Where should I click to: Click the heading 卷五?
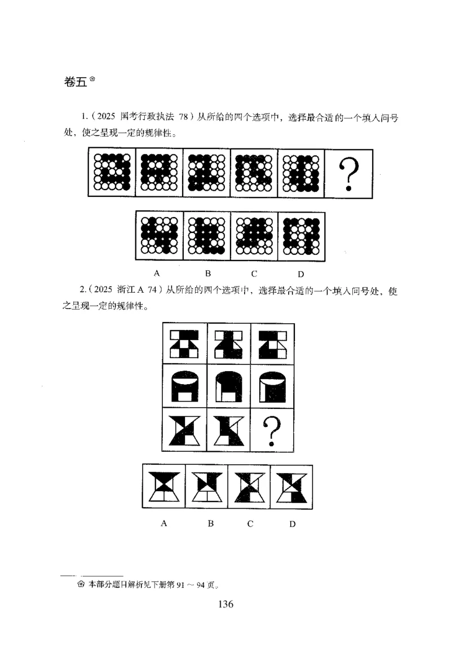[x=76, y=82]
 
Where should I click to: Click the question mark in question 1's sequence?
[x=349, y=173]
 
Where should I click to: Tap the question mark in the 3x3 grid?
[x=273, y=430]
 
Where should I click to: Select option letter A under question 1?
[x=157, y=274]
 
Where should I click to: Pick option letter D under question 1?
[x=300, y=274]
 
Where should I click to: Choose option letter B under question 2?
[x=210, y=523]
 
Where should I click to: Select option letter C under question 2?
[x=250, y=523]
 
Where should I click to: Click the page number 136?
[x=225, y=604]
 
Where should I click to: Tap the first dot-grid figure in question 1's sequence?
[x=112, y=172]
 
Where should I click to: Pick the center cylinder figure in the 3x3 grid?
[x=228, y=386]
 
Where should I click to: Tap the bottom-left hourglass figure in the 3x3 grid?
[x=184, y=430]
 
